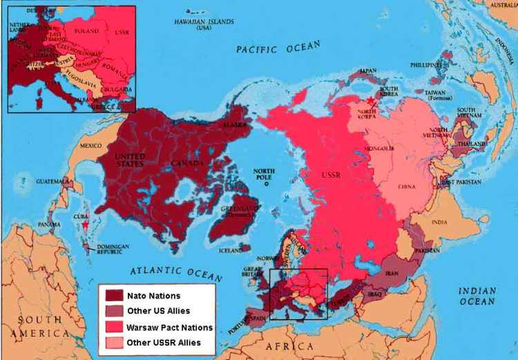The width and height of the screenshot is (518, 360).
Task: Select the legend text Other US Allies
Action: click(159, 311)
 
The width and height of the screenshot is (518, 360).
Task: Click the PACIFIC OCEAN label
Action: click(278, 48)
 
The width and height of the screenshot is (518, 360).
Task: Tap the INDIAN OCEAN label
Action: click(477, 296)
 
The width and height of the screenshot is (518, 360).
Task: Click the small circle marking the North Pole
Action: click(266, 184)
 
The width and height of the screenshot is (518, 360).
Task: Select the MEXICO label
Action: click(90, 146)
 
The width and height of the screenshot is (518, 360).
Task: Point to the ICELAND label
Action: click(232, 250)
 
